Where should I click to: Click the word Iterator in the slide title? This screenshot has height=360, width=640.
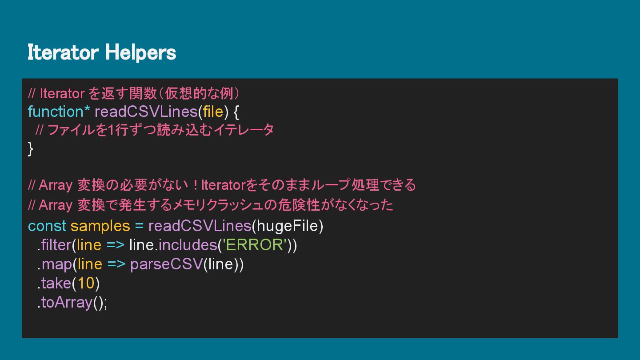pos(63,53)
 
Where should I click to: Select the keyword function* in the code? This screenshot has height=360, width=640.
pos(59,112)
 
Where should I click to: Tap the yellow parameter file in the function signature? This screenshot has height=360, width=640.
pos(213,112)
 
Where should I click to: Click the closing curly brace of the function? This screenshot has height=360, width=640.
pos(30,148)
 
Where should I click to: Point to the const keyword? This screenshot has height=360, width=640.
pos(47,226)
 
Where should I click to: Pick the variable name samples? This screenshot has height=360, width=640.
pos(100,226)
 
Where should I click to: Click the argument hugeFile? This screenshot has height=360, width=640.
pos(288,226)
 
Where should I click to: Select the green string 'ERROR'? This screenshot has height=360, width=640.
pos(254,245)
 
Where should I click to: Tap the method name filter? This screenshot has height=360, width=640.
pos(56,245)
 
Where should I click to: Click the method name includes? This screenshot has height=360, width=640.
pos(187,245)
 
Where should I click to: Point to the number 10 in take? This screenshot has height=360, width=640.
pos(86,283)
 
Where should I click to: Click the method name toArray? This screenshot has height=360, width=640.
pos(67,302)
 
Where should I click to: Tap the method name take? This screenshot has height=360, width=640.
pos(56,283)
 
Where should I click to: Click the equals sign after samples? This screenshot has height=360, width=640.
pos(139,226)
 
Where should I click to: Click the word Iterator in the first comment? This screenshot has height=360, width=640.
pos(62,94)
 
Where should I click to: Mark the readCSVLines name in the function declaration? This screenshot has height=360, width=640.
pos(146,112)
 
